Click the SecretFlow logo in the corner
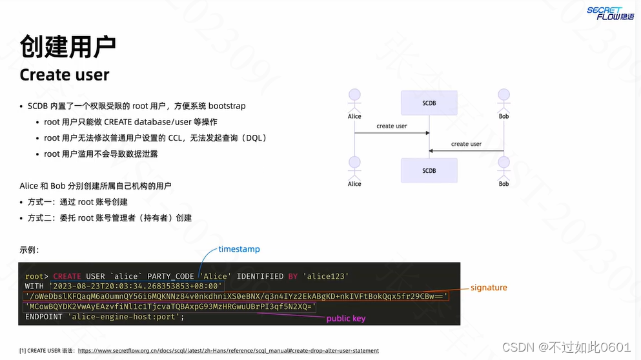coord(609,13)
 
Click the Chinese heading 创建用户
coord(68,46)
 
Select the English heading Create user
coord(65,75)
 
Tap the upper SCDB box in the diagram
coord(429,103)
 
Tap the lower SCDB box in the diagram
coord(429,171)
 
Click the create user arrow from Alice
coord(392,132)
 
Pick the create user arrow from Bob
coord(466,150)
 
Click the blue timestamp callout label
coord(239,249)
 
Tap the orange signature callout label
coord(489,287)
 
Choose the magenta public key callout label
coord(345,319)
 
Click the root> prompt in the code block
coord(37,277)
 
